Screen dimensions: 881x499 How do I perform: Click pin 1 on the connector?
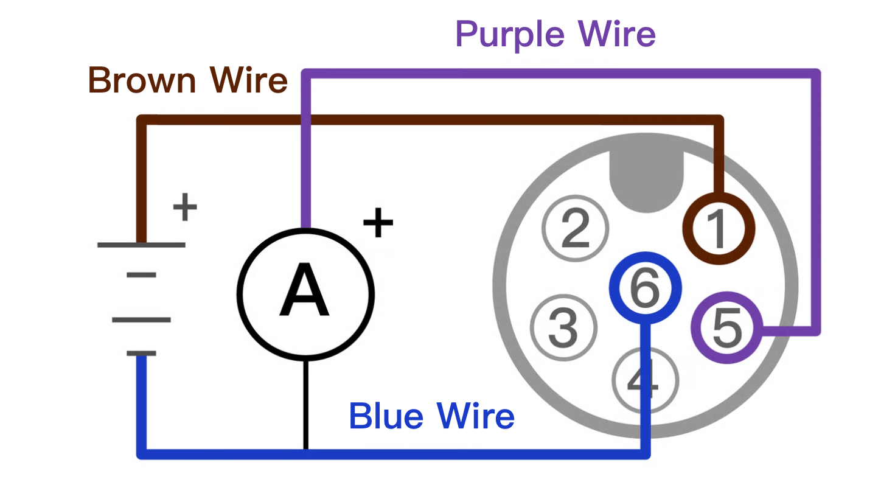click(719, 228)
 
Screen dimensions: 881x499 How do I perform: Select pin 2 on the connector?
click(576, 228)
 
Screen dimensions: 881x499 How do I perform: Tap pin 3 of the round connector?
click(563, 327)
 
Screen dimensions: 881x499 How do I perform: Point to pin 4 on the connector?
click(646, 380)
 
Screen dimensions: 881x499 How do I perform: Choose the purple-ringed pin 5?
click(727, 327)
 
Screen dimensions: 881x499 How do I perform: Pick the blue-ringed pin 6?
click(646, 288)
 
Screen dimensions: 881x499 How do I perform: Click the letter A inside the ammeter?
click(304, 290)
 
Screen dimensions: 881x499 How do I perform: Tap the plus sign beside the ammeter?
click(378, 223)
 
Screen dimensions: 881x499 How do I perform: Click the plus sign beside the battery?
click(185, 207)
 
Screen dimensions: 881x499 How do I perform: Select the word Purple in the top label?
click(510, 35)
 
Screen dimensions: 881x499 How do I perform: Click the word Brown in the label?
click(142, 80)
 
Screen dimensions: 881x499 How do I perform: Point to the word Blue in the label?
click(386, 416)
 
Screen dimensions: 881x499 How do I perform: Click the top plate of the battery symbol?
click(141, 245)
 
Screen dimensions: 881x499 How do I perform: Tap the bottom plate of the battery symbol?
click(141, 354)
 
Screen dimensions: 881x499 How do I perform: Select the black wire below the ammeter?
click(306, 405)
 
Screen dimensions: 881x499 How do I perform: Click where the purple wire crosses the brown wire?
click(306, 120)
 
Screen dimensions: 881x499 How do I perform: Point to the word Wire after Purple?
click(616, 34)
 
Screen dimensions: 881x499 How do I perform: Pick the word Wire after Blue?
click(476, 416)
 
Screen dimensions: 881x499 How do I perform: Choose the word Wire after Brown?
click(249, 80)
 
